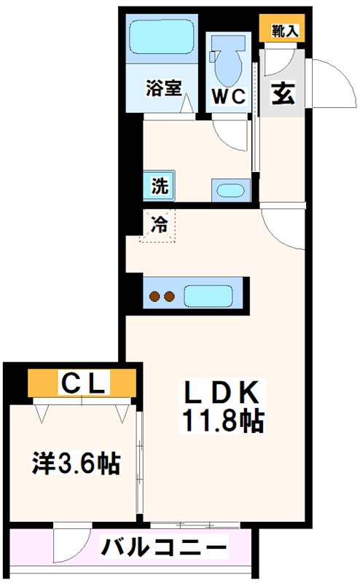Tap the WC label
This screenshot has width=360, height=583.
(227, 97)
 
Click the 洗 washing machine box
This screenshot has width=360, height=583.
(159, 185)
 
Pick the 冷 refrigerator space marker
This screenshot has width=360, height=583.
(159, 225)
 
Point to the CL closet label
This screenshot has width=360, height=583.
(83, 380)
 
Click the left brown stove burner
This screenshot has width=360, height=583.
(155, 297)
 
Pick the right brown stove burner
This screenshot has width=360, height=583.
(171, 297)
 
